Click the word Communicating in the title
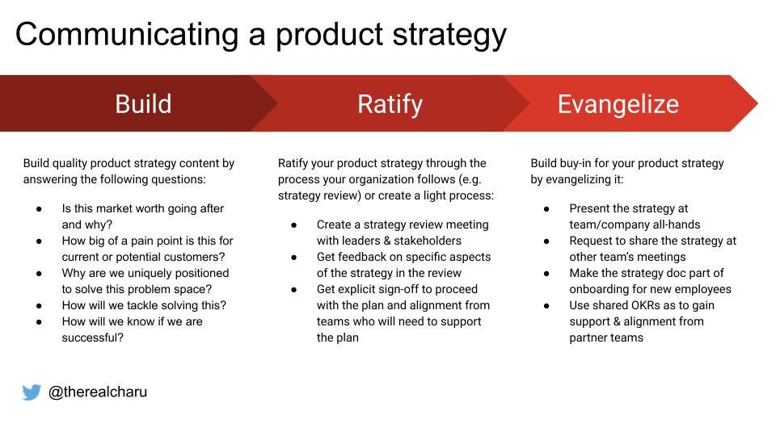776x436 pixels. [x=127, y=35]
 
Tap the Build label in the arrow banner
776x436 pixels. [x=143, y=104]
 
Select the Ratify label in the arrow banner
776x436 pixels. [x=390, y=105]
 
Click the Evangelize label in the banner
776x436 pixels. [x=618, y=105]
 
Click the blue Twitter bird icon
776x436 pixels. [x=32, y=392]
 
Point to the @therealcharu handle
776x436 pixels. [x=98, y=392]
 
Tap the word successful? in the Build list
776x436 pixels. [x=92, y=337]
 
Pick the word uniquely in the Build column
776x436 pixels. [x=145, y=274]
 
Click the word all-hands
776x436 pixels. [x=677, y=224]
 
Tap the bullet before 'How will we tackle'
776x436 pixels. [x=39, y=306]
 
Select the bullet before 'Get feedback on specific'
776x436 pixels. [x=294, y=258]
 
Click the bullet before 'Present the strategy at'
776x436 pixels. [x=546, y=209]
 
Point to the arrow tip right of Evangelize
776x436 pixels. [x=757, y=103]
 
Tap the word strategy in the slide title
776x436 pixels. [x=449, y=36]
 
